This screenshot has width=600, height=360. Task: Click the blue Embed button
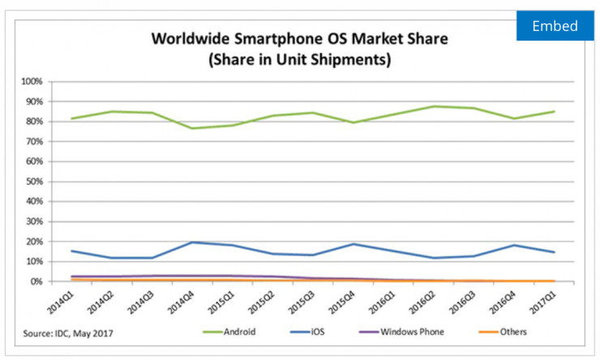click(x=555, y=26)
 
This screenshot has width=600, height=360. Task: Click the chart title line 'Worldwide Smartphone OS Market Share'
click(x=299, y=39)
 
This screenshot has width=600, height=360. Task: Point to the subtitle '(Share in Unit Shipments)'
click(x=299, y=58)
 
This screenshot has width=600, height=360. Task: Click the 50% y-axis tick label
click(x=32, y=182)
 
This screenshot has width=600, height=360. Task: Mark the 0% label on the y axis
click(x=35, y=281)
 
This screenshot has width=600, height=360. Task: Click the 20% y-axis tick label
click(x=32, y=242)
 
